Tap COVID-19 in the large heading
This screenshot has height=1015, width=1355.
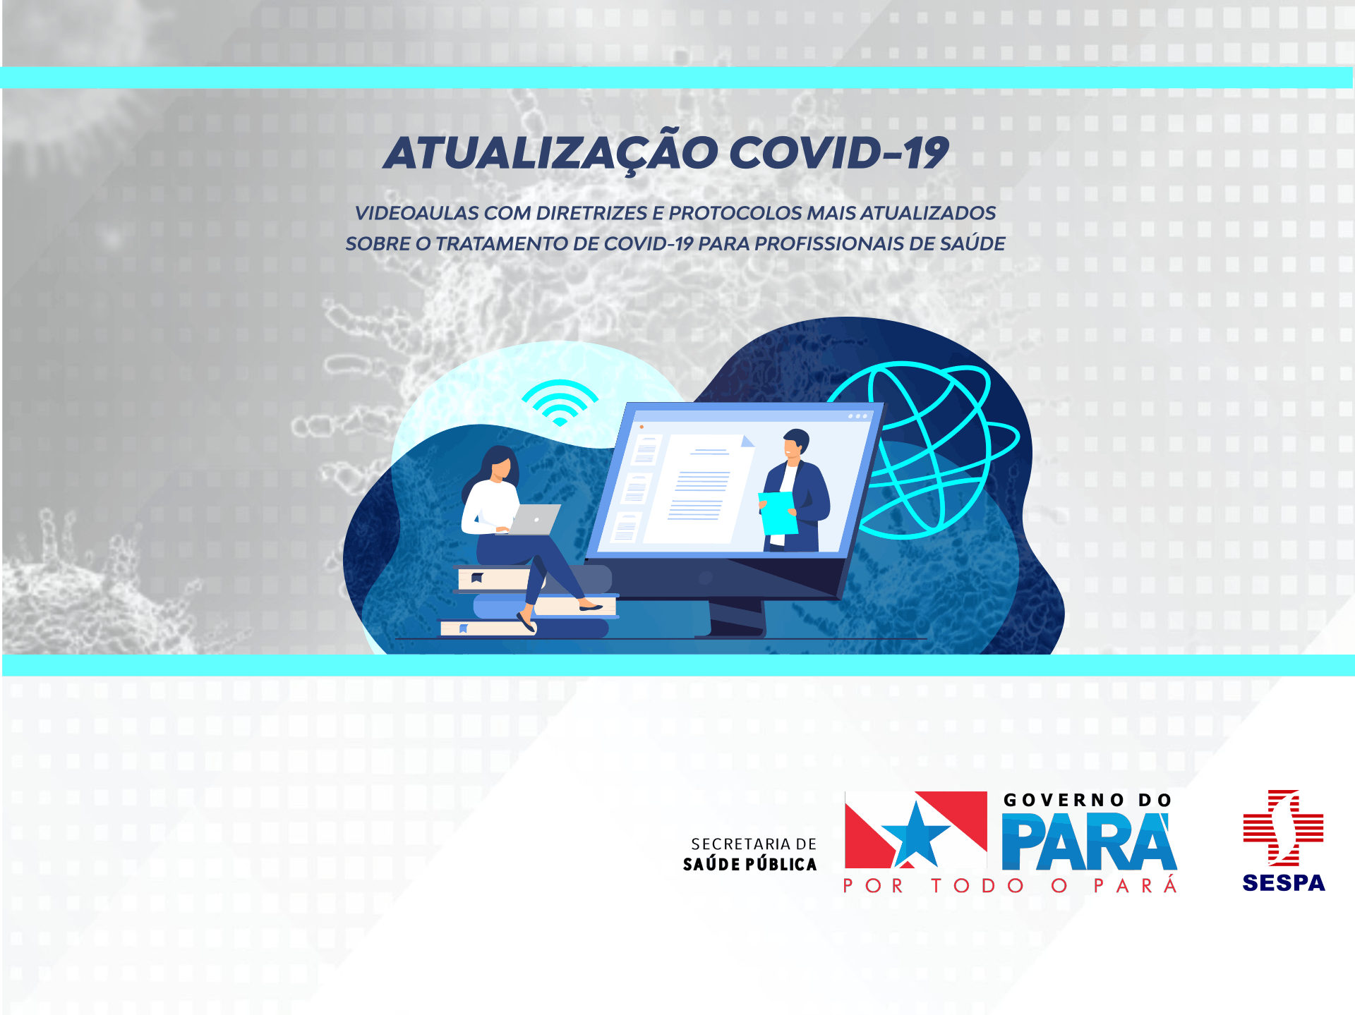pos(839,152)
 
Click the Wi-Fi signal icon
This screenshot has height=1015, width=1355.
pos(560,403)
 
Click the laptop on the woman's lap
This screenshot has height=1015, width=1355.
pos(534,520)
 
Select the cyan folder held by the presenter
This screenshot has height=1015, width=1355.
pos(778,513)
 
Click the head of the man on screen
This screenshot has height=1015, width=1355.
pos(796,444)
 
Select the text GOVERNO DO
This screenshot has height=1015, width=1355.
pos(1088,800)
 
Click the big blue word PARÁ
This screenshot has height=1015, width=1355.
pos(1089,841)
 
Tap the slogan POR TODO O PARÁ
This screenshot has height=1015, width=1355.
pos(1010,885)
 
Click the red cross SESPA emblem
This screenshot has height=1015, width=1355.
pos(1283,827)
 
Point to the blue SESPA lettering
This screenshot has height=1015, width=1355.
pos(1284,882)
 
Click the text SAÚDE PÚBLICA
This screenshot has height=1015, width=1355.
pos(749,864)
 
